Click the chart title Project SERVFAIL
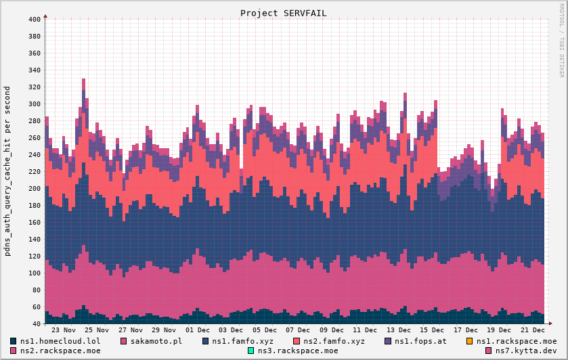pos(283,13)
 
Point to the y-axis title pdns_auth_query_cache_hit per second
pos(7,171)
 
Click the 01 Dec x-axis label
pos(198,330)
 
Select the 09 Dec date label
pos(332,330)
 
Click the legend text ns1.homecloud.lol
pos(60,341)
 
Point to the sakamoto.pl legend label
pos(156,341)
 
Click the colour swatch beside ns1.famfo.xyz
pos(206,341)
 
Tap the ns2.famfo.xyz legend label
pos(334,341)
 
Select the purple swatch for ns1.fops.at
pos(389,341)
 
